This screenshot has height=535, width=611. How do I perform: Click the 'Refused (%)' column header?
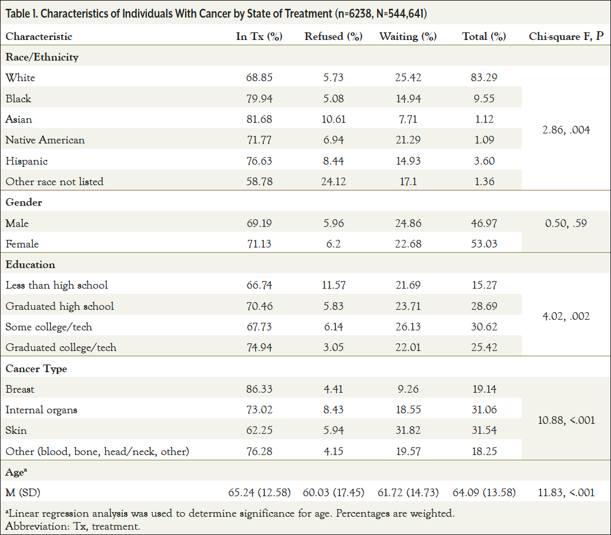333,36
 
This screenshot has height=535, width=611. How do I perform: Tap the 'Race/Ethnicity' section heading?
42,57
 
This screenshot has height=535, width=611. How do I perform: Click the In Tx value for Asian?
259,119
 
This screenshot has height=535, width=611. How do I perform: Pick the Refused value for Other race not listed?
333,182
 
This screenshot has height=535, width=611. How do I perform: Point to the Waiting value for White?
408,78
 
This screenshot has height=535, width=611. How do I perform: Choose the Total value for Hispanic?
484,161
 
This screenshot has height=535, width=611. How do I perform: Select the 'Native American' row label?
45,140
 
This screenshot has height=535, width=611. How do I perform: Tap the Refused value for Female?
333,244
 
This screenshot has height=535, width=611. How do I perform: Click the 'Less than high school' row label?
57,285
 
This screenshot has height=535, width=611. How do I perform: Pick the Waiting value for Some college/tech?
408,327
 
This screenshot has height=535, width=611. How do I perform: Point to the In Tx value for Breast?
259,389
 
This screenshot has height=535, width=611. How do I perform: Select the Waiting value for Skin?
408,430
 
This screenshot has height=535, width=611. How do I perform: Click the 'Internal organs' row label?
41,410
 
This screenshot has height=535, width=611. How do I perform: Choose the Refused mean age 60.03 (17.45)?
333,492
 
